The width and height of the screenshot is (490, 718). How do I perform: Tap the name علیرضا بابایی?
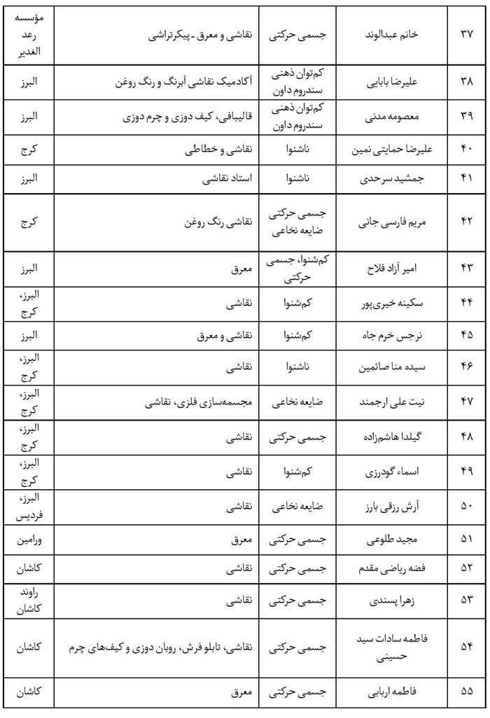click(x=393, y=81)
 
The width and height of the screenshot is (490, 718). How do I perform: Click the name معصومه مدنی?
click(x=393, y=116)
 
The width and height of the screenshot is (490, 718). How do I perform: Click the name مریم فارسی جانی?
click(x=393, y=224)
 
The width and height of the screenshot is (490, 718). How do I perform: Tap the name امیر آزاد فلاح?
click(x=393, y=269)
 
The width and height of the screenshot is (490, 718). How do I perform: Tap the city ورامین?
click(x=29, y=540)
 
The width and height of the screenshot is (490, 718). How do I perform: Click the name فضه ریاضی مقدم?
click(x=393, y=569)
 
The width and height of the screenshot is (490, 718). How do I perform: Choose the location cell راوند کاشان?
click(x=29, y=600)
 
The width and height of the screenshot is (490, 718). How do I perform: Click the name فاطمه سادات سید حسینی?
click(x=393, y=648)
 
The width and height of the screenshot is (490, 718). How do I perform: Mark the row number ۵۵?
click(x=467, y=693)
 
